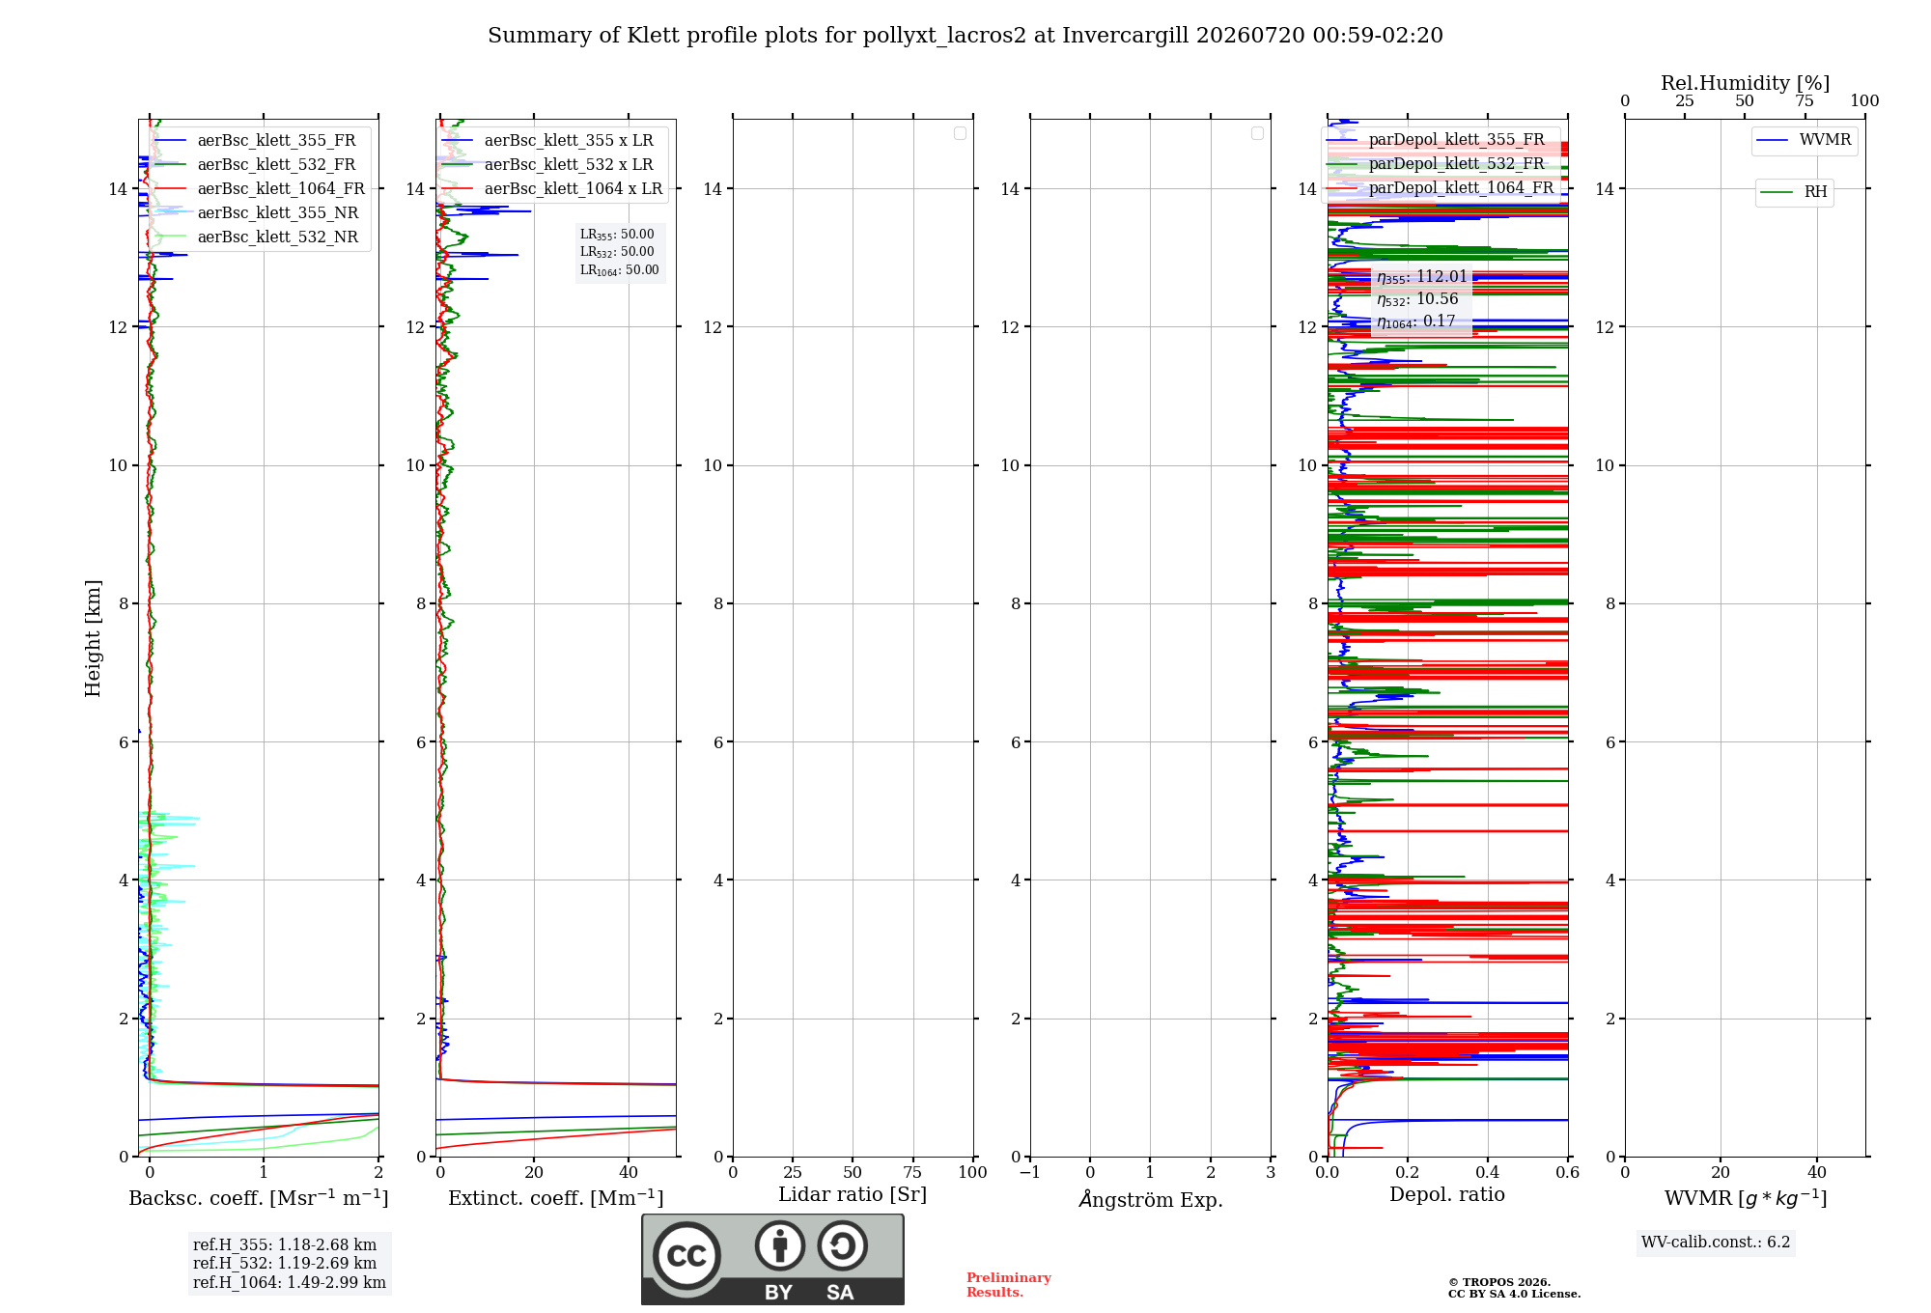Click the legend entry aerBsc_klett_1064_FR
[x=259, y=188]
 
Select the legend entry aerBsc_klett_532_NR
[x=256, y=237]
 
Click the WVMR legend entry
[x=1804, y=140]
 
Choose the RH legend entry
[x=1794, y=191]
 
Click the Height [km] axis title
[x=93, y=638]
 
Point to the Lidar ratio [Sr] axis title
[x=853, y=1195]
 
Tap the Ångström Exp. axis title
[x=1151, y=1198]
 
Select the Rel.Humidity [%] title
[x=1746, y=83]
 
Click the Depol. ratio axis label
[x=1447, y=1195]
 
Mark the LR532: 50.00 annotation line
[x=617, y=252]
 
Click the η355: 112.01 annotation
[x=1421, y=277]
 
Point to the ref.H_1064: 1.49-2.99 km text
[x=290, y=1282]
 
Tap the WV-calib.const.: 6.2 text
[x=1716, y=1243]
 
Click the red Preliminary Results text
[x=1009, y=1285]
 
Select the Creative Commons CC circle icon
[x=686, y=1256]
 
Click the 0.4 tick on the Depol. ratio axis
[x=1488, y=1172]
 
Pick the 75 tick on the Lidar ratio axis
[x=912, y=1172]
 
